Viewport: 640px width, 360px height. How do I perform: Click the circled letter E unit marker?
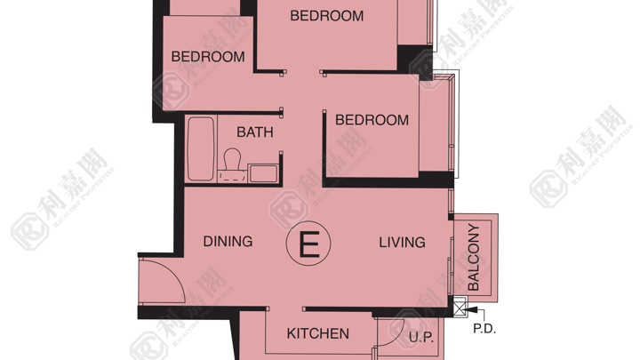pos(308,244)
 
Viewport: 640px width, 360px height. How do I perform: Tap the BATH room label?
pos(255,132)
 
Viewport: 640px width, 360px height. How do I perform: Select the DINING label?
pos(228,241)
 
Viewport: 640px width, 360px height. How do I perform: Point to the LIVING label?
pos(402,243)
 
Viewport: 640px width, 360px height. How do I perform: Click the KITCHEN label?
pos(318,334)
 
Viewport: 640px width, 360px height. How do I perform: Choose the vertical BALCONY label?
pos(474,257)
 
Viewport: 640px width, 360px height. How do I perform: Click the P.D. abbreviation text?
pos(484,329)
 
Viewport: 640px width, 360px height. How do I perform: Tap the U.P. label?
pos(421,338)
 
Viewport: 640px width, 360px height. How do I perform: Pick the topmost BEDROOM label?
pos(326,16)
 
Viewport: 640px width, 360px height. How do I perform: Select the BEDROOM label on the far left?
pos(208,57)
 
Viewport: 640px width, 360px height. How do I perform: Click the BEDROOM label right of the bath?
pos(372,120)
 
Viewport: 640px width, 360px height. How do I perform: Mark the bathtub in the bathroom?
pos(200,149)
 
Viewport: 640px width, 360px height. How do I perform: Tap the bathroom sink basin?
pos(263,173)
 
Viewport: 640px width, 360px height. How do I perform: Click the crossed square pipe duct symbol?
pos(460,307)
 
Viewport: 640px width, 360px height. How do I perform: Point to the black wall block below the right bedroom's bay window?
pos(436,180)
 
